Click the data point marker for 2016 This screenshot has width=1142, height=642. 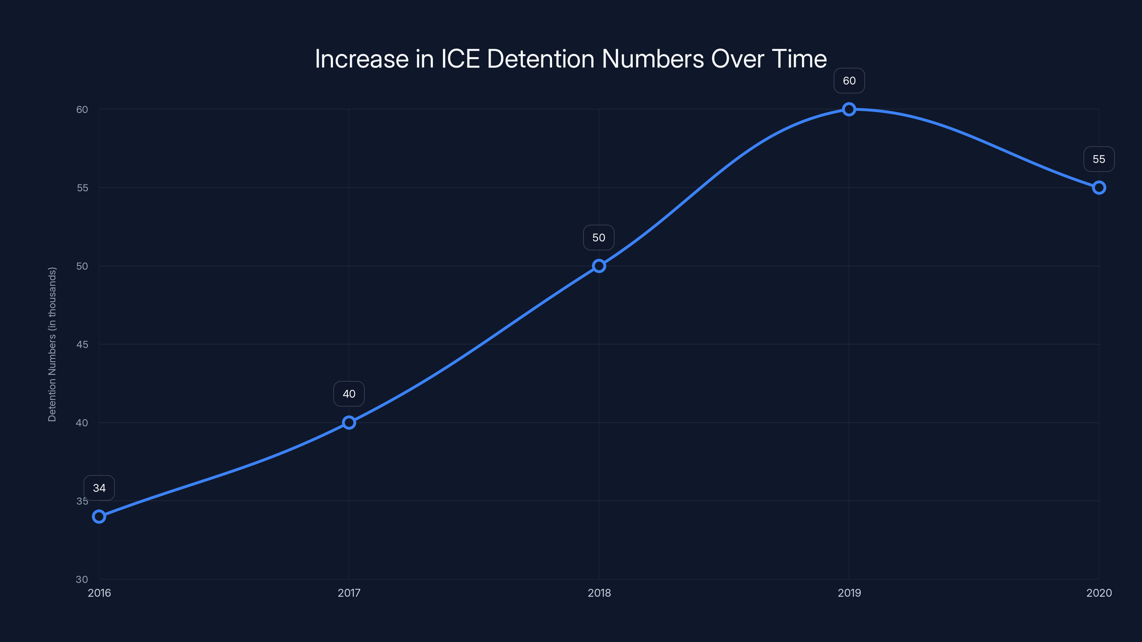(99, 516)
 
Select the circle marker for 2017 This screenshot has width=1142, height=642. (349, 423)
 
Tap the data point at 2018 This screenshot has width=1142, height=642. (599, 266)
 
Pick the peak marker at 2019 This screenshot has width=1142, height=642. (849, 109)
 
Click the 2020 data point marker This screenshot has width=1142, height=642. (1098, 188)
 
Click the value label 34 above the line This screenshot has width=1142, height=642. (99, 488)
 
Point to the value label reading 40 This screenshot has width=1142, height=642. (349, 394)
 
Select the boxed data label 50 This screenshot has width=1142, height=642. (599, 238)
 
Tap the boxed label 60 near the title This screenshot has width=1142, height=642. (849, 81)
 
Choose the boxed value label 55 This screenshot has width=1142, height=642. (1098, 159)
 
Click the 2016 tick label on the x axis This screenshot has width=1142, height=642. (99, 593)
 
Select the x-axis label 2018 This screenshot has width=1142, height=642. (599, 593)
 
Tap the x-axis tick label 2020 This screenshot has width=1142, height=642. (1098, 593)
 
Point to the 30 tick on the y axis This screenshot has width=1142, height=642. (82, 579)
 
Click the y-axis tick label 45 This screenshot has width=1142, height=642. (82, 344)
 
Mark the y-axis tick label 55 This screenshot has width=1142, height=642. (82, 188)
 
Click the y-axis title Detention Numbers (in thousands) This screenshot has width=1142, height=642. (52, 344)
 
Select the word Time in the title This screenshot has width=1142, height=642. (799, 59)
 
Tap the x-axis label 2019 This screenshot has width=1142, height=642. (849, 593)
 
